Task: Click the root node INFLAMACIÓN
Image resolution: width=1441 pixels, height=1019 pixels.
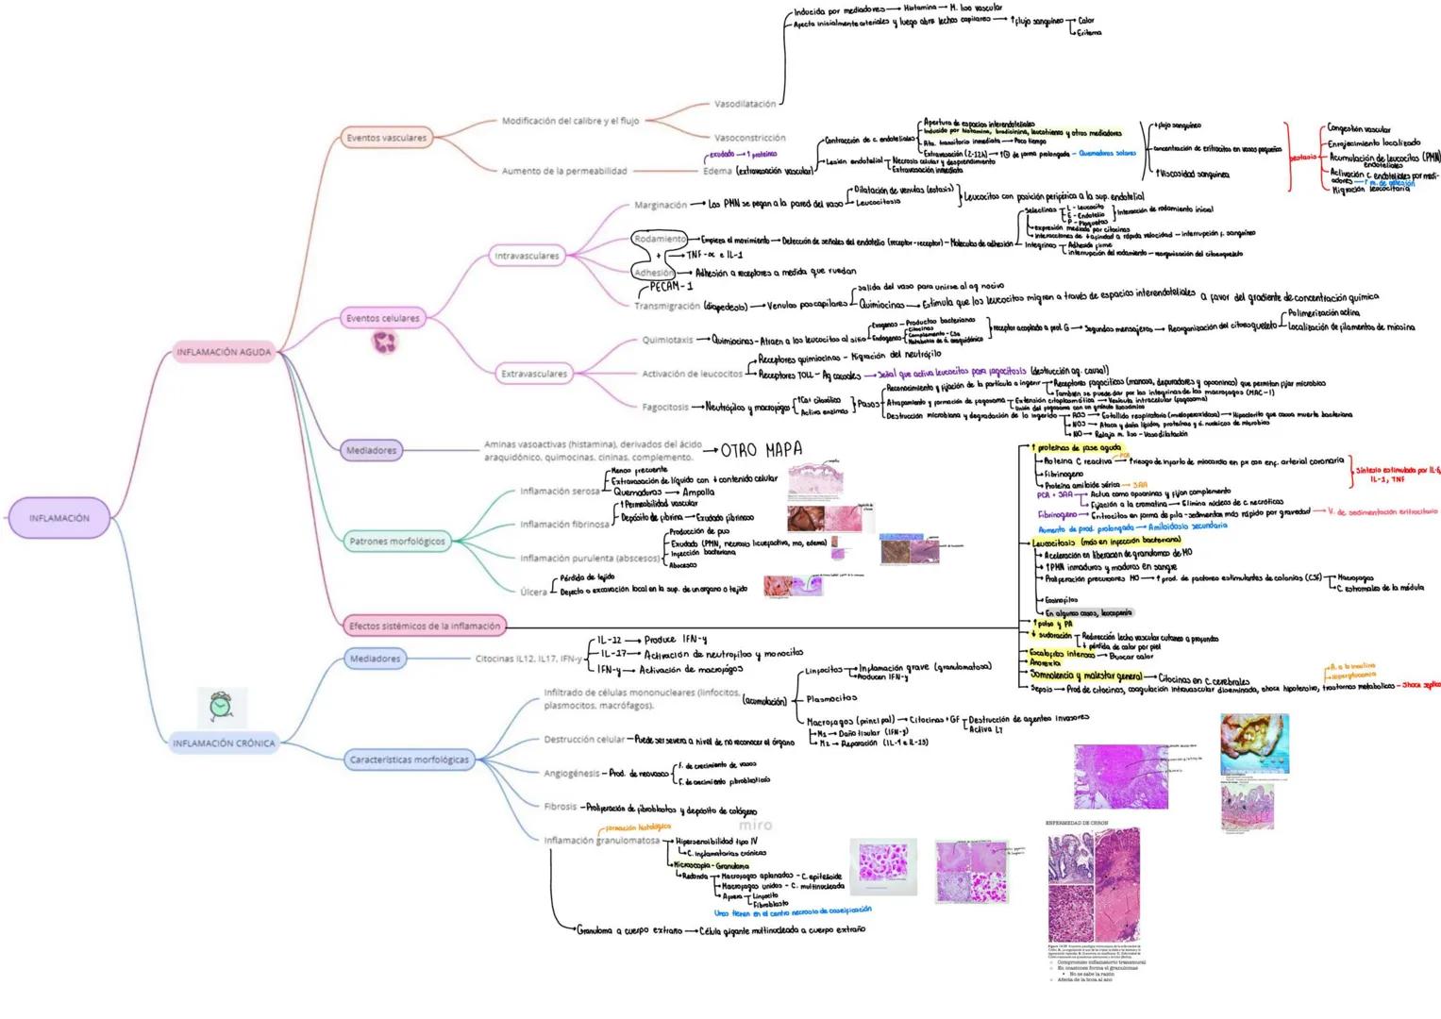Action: pos(59,518)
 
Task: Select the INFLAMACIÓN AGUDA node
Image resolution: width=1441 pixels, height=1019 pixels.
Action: pos(224,352)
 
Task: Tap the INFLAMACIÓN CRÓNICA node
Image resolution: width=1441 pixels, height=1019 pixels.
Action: pos(224,743)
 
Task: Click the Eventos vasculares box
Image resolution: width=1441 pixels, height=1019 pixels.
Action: pos(386,138)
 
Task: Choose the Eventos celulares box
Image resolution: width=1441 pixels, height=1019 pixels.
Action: pos(382,318)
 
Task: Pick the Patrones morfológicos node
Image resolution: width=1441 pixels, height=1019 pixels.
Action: pos(396,542)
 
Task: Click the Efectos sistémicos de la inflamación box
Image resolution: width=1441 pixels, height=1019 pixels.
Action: pos(424,626)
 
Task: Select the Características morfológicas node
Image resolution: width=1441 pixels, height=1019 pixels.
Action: pos(409,760)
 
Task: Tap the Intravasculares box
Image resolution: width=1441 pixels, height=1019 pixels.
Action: pos(527,256)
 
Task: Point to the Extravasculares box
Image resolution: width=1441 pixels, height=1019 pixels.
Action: pos(534,374)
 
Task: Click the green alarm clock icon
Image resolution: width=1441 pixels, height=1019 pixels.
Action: pos(221,705)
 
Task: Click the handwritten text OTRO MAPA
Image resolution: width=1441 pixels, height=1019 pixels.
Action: pos(761,450)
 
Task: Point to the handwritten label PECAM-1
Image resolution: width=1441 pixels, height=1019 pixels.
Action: pos(671,286)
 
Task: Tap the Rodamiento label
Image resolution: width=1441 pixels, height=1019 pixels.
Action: pos(660,239)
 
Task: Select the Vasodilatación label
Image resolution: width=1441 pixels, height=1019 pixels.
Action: pos(745,104)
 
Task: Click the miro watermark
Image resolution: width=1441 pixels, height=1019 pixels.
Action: pos(754,825)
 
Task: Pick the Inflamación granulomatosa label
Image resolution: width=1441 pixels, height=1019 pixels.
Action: pos(601,840)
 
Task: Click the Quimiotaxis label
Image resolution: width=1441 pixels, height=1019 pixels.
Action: pos(667,340)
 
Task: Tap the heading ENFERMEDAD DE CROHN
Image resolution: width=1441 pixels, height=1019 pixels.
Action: pos(1077,823)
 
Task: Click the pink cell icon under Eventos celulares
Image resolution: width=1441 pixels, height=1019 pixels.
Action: pos(387,342)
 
